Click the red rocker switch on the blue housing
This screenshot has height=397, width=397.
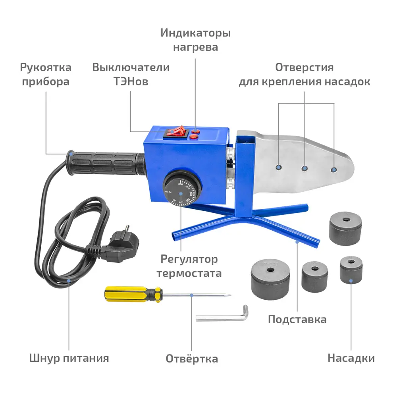(x=175, y=132)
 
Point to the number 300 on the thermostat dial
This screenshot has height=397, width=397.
(x=180, y=185)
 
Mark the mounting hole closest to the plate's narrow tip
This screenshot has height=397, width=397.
(x=333, y=170)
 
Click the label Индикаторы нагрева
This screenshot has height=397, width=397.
(x=195, y=40)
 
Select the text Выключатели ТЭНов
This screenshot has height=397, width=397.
(x=131, y=75)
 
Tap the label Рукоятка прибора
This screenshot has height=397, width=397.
(x=46, y=75)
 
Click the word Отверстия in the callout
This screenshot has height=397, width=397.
(x=304, y=67)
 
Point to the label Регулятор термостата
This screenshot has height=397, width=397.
(x=189, y=266)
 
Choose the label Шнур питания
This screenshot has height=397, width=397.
(x=69, y=358)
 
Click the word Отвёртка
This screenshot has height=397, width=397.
(x=192, y=359)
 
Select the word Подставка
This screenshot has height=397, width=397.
(x=297, y=319)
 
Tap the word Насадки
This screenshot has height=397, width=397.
(x=351, y=358)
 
